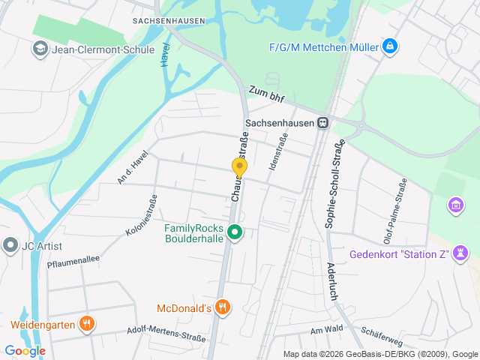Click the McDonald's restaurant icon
[222, 307]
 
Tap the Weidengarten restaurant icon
[88, 325]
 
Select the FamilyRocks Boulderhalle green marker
[235, 233]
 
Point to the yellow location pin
[240, 168]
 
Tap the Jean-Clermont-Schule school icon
[39, 50]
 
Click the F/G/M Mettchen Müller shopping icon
[389, 47]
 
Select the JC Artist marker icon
[10, 245]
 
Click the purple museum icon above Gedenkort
[454, 204]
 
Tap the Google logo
[25, 350]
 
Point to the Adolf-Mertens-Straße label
[166, 333]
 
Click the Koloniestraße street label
[142, 216]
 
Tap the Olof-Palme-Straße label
[395, 212]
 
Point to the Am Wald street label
[325, 329]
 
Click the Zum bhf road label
[267, 93]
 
